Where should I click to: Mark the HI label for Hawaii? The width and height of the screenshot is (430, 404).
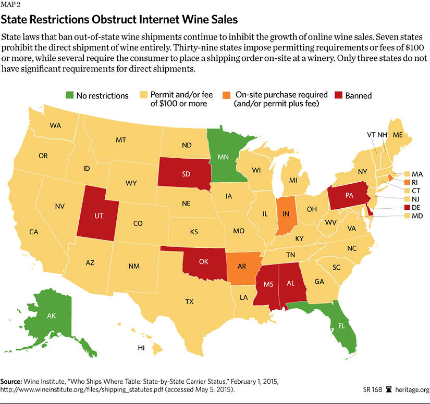[141, 347]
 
